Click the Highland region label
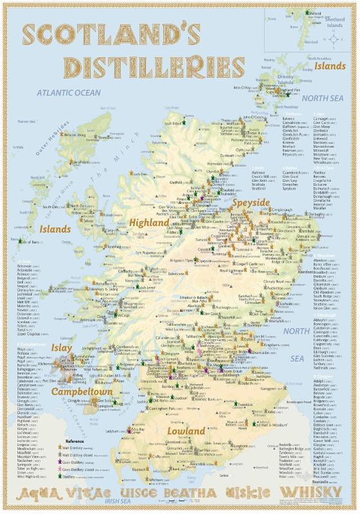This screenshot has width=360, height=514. coord(149,222)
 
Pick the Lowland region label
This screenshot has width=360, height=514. coord(186,430)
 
